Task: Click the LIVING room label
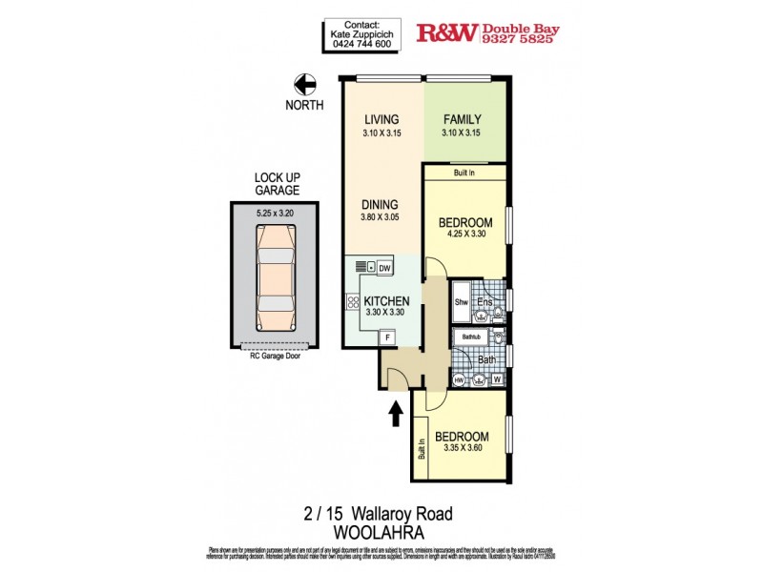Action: point(381,119)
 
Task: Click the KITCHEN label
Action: point(385,301)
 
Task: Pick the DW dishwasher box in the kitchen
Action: point(384,268)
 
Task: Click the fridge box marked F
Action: point(387,337)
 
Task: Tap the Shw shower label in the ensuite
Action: point(461,302)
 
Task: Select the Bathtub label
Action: point(471,337)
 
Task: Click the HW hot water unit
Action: point(461,380)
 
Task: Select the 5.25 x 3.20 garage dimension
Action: point(277,214)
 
